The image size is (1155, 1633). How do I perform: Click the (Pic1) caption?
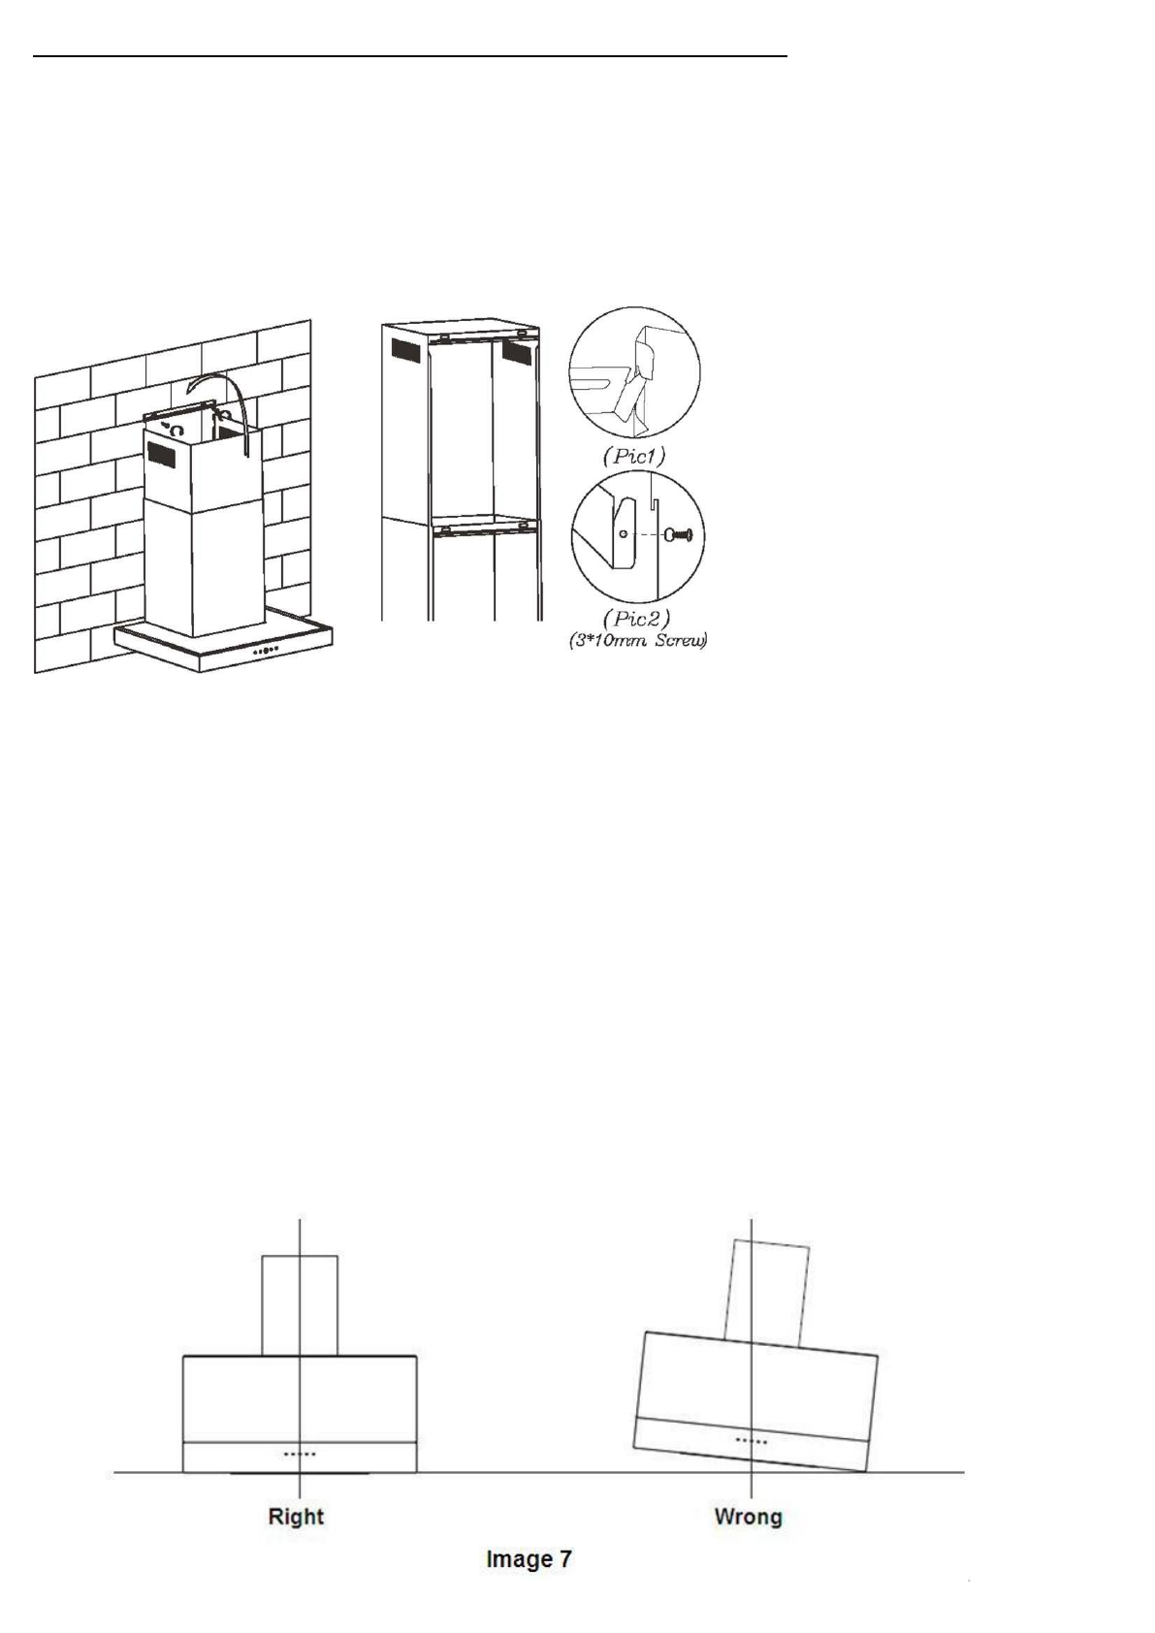coord(635,456)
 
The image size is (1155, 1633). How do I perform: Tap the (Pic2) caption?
coord(636,618)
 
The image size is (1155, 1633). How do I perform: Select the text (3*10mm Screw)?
coord(637,642)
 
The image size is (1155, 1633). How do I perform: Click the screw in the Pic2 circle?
coord(676,534)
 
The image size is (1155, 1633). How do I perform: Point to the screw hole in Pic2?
coord(624,533)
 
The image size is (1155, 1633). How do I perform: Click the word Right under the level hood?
coord(296,1517)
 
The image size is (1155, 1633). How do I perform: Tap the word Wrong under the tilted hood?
coord(748,1517)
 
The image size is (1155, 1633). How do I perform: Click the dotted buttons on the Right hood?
coord(300,1455)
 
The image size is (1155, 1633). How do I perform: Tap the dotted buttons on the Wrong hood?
coord(752,1441)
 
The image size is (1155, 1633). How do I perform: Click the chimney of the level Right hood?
coord(300,1305)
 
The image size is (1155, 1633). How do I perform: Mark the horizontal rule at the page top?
coord(410,57)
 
